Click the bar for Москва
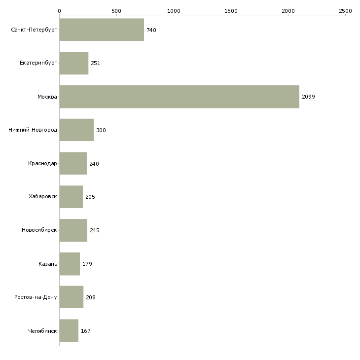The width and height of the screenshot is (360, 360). pyautogui.click(x=180, y=97)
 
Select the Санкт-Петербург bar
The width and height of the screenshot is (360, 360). pyautogui.click(x=102, y=30)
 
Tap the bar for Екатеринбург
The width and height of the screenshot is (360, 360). pyautogui.click(x=74, y=63)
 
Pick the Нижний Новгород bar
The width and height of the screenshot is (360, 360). pyautogui.click(x=76, y=130)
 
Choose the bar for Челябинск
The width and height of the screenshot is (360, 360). pyautogui.click(x=69, y=330)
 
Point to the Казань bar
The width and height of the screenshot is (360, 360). pyautogui.click(x=70, y=264)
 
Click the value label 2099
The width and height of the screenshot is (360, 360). pyautogui.click(x=308, y=97)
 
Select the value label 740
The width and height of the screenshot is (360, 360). pyautogui.click(x=151, y=30)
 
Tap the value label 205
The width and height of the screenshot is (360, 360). pyautogui.click(x=90, y=197)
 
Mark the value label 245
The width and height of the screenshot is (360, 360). pyautogui.click(x=95, y=230)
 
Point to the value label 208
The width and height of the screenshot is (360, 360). pyautogui.click(x=91, y=297)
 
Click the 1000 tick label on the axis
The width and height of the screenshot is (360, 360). pyautogui.click(x=174, y=11)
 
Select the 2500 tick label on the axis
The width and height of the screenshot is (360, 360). pyautogui.click(x=345, y=11)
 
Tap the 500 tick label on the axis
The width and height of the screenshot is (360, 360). pyautogui.click(x=117, y=11)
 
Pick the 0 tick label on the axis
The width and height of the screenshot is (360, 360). pyautogui.click(x=60, y=11)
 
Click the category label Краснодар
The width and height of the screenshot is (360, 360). pyautogui.click(x=42, y=163)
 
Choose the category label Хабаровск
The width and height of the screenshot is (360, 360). pyautogui.click(x=43, y=196)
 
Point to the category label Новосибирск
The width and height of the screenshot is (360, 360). pyautogui.click(x=39, y=230)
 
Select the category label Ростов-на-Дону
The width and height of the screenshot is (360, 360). pyautogui.click(x=36, y=297)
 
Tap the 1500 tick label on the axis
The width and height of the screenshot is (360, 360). pyautogui.click(x=231, y=11)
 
